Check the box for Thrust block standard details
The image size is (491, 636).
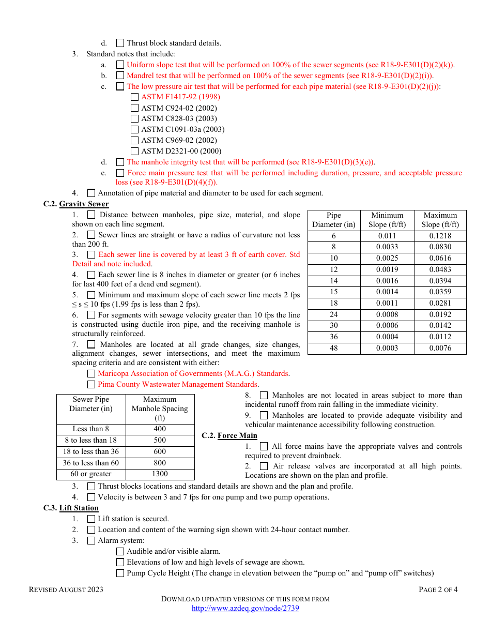[120, 43]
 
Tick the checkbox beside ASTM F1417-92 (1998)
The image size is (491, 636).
[134, 97]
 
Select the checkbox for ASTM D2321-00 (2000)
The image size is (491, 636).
[134, 151]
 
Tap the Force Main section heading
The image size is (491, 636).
[237, 435]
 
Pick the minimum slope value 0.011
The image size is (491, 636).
[387, 236]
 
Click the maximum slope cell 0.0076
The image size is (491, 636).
[440, 348]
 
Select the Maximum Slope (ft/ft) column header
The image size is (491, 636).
[440, 220]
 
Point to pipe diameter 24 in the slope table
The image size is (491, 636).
[334, 314]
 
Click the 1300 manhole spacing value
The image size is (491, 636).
[160, 474]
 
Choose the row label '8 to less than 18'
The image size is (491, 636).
[91, 440]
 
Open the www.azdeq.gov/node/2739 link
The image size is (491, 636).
[245, 608]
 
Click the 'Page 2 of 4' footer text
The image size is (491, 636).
[438, 589]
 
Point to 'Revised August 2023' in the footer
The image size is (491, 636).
[66, 589]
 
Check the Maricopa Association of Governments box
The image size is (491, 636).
[91, 373]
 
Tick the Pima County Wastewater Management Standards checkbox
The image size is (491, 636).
[91, 384]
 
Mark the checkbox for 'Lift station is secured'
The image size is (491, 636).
[91, 519]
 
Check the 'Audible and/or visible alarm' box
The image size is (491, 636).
[120, 551]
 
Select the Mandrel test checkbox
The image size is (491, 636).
[120, 75]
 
